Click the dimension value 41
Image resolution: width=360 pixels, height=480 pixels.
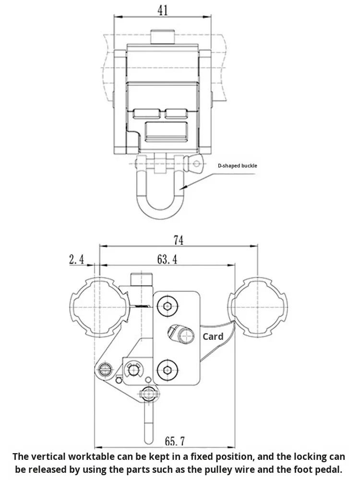point(163,10)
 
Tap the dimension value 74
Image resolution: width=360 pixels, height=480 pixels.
point(179,240)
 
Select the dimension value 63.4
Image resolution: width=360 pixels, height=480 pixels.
point(167,259)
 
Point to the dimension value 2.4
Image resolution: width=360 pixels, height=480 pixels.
point(76,259)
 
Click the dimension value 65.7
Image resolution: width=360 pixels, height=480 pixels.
point(175,441)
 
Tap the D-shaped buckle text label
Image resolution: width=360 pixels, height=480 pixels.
point(238,166)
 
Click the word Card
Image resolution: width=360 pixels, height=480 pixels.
point(213,336)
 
